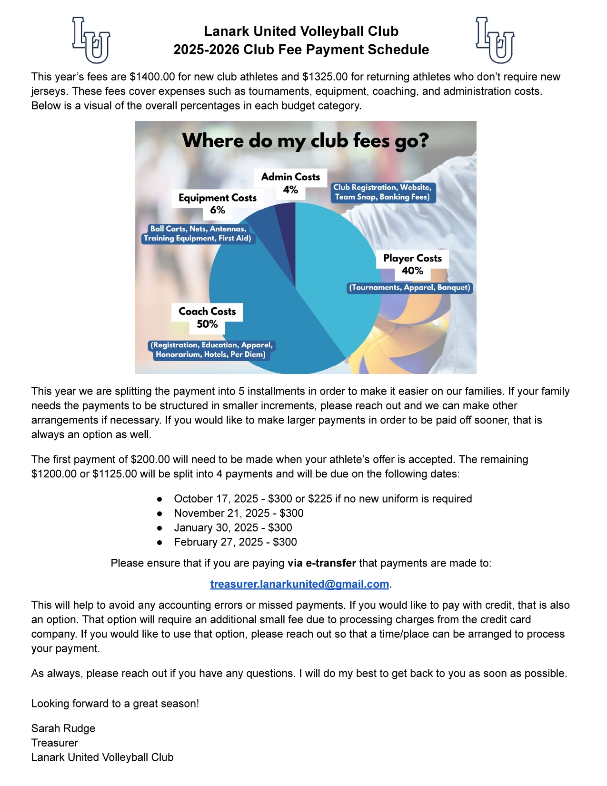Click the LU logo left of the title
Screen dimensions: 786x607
[91, 40]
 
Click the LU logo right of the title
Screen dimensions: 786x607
[495, 40]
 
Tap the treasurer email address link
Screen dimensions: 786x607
[299, 584]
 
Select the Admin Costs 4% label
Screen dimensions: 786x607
[290, 183]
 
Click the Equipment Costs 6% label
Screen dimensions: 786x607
[218, 204]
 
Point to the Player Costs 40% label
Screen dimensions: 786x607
[412, 264]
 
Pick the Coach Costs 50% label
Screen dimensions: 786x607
[207, 318]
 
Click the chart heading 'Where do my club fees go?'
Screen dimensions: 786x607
[305, 141]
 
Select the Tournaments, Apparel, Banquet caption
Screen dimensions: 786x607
[409, 288]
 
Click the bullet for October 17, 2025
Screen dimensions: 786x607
[160, 499]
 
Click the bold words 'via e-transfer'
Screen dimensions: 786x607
[321, 563]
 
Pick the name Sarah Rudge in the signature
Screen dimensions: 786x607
[63, 728]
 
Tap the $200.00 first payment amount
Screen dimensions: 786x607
[150, 459]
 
